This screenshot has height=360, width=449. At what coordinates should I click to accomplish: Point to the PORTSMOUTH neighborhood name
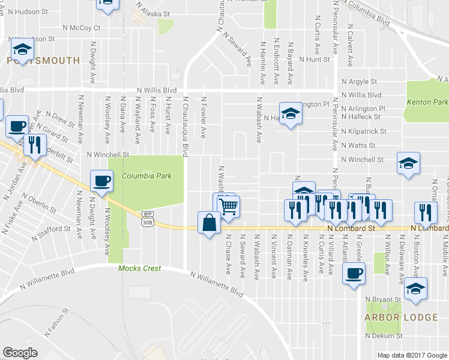point(43,61)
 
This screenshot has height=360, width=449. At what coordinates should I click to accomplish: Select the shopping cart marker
point(228,208)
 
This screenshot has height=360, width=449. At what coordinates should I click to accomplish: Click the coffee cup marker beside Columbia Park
point(101,181)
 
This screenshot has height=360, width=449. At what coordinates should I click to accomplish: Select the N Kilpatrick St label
point(363,131)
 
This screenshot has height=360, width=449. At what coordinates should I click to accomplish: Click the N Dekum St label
point(384,335)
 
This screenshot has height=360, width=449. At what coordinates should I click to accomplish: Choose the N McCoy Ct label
point(81,28)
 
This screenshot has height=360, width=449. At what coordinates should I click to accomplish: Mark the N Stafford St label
point(52,230)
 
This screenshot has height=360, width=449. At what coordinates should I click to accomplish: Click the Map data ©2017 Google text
point(412,355)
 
